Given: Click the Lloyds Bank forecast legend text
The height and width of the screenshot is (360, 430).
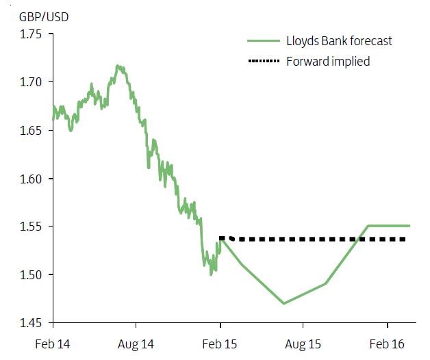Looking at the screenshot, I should tap(340, 41).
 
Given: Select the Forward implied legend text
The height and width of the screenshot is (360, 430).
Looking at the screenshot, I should tap(329, 62).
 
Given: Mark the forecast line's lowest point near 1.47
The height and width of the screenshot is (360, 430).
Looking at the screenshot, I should tap(283, 303).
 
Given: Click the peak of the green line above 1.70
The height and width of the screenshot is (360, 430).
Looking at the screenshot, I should tap(118, 66).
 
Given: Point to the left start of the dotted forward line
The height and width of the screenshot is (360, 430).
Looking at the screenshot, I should tap(220, 238).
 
